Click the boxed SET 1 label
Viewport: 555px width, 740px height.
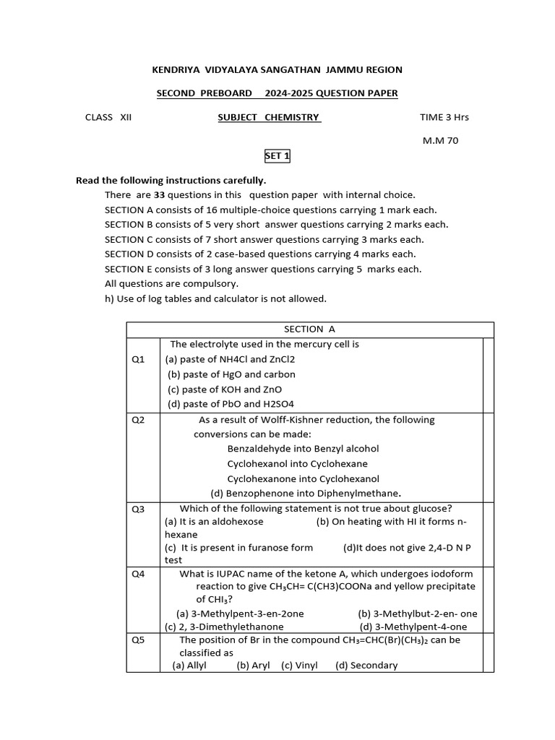click(x=277, y=156)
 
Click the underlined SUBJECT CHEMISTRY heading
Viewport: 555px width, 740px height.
click(x=269, y=117)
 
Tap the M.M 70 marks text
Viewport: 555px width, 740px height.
click(x=440, y=141)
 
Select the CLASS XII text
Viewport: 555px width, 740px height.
click(x=108, y=117)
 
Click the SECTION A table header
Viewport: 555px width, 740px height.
click(x=309, y=330)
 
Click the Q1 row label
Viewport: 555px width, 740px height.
click(x=138, y=359)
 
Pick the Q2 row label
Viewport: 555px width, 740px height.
click(x=138, y=420)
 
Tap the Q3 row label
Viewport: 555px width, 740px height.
click(x=138, y=509)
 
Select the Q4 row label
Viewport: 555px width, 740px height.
click(x=138, y=575)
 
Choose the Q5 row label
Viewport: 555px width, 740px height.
click(x=138, y=640)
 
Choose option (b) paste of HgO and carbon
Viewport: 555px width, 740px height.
click(x=231, y=374)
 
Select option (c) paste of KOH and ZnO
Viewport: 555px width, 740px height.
click(x=225, y=390)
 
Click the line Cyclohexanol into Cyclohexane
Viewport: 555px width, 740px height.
click(x=297, y=464)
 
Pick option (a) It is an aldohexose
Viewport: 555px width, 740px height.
click(x=214, y=521)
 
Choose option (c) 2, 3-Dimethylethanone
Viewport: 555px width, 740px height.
click(x=224, y=627)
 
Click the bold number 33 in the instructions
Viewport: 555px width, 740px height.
click(x=159, y=195)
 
